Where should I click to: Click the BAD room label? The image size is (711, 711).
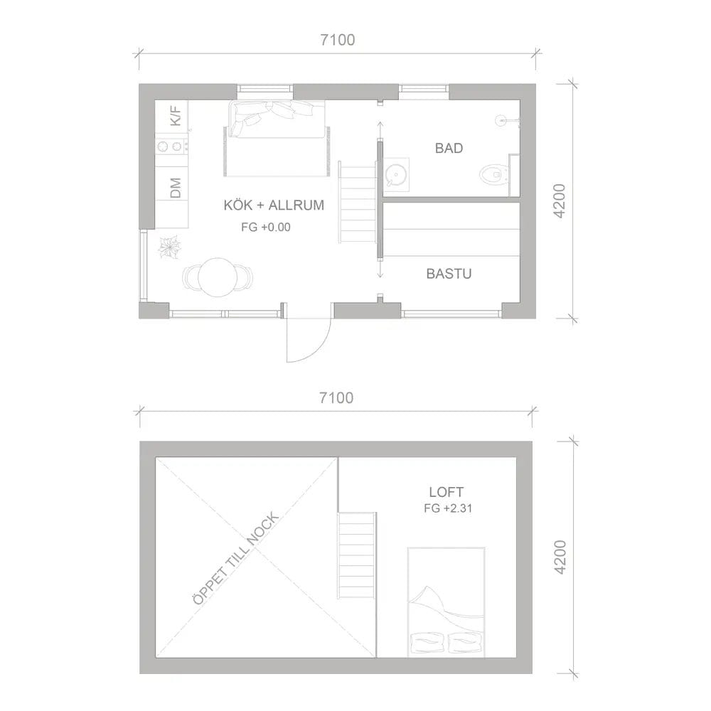[449, 149]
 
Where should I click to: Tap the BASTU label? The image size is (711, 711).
[449, 274]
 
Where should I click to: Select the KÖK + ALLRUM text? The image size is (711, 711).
[274, 205]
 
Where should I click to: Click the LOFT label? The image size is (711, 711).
[447, 492]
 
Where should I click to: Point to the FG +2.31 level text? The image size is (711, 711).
[448, 508]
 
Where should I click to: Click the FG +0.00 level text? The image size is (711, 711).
[266, 227]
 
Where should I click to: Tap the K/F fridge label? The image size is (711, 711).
[176, 116]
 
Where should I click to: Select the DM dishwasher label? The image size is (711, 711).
[176, 188]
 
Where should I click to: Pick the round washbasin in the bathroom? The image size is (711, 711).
[395, 175]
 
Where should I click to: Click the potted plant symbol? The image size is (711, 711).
[170, 247]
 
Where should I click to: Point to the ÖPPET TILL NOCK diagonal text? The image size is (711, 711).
[236, 559]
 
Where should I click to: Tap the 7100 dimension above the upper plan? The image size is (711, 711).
[337, 40]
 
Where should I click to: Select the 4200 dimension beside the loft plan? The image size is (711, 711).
[560, 557]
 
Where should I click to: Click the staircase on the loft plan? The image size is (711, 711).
[357, 555]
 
